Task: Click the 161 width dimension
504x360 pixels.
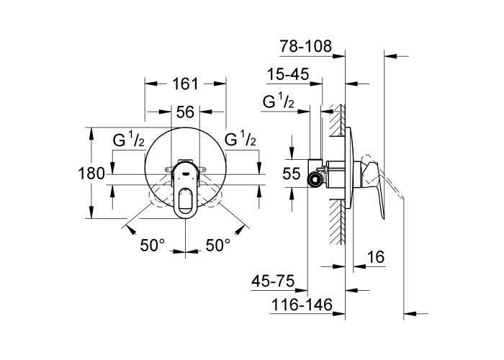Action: pos(185,84)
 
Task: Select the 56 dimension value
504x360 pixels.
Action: pos(185,112)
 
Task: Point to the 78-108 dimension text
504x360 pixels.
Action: pos(306,47)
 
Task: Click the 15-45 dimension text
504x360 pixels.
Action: pos(288,75)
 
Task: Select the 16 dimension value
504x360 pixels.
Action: pos(375,258)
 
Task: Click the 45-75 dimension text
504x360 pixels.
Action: pos(276,279)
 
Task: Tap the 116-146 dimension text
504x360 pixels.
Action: pos(302,306)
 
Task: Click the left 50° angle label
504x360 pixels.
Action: pos(153,246)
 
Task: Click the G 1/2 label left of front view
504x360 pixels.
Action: pos(129,140)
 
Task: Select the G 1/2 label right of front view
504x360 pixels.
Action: pos(241,139)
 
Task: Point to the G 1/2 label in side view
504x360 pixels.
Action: pos(279,103)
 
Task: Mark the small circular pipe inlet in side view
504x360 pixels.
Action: pos(315,178)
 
